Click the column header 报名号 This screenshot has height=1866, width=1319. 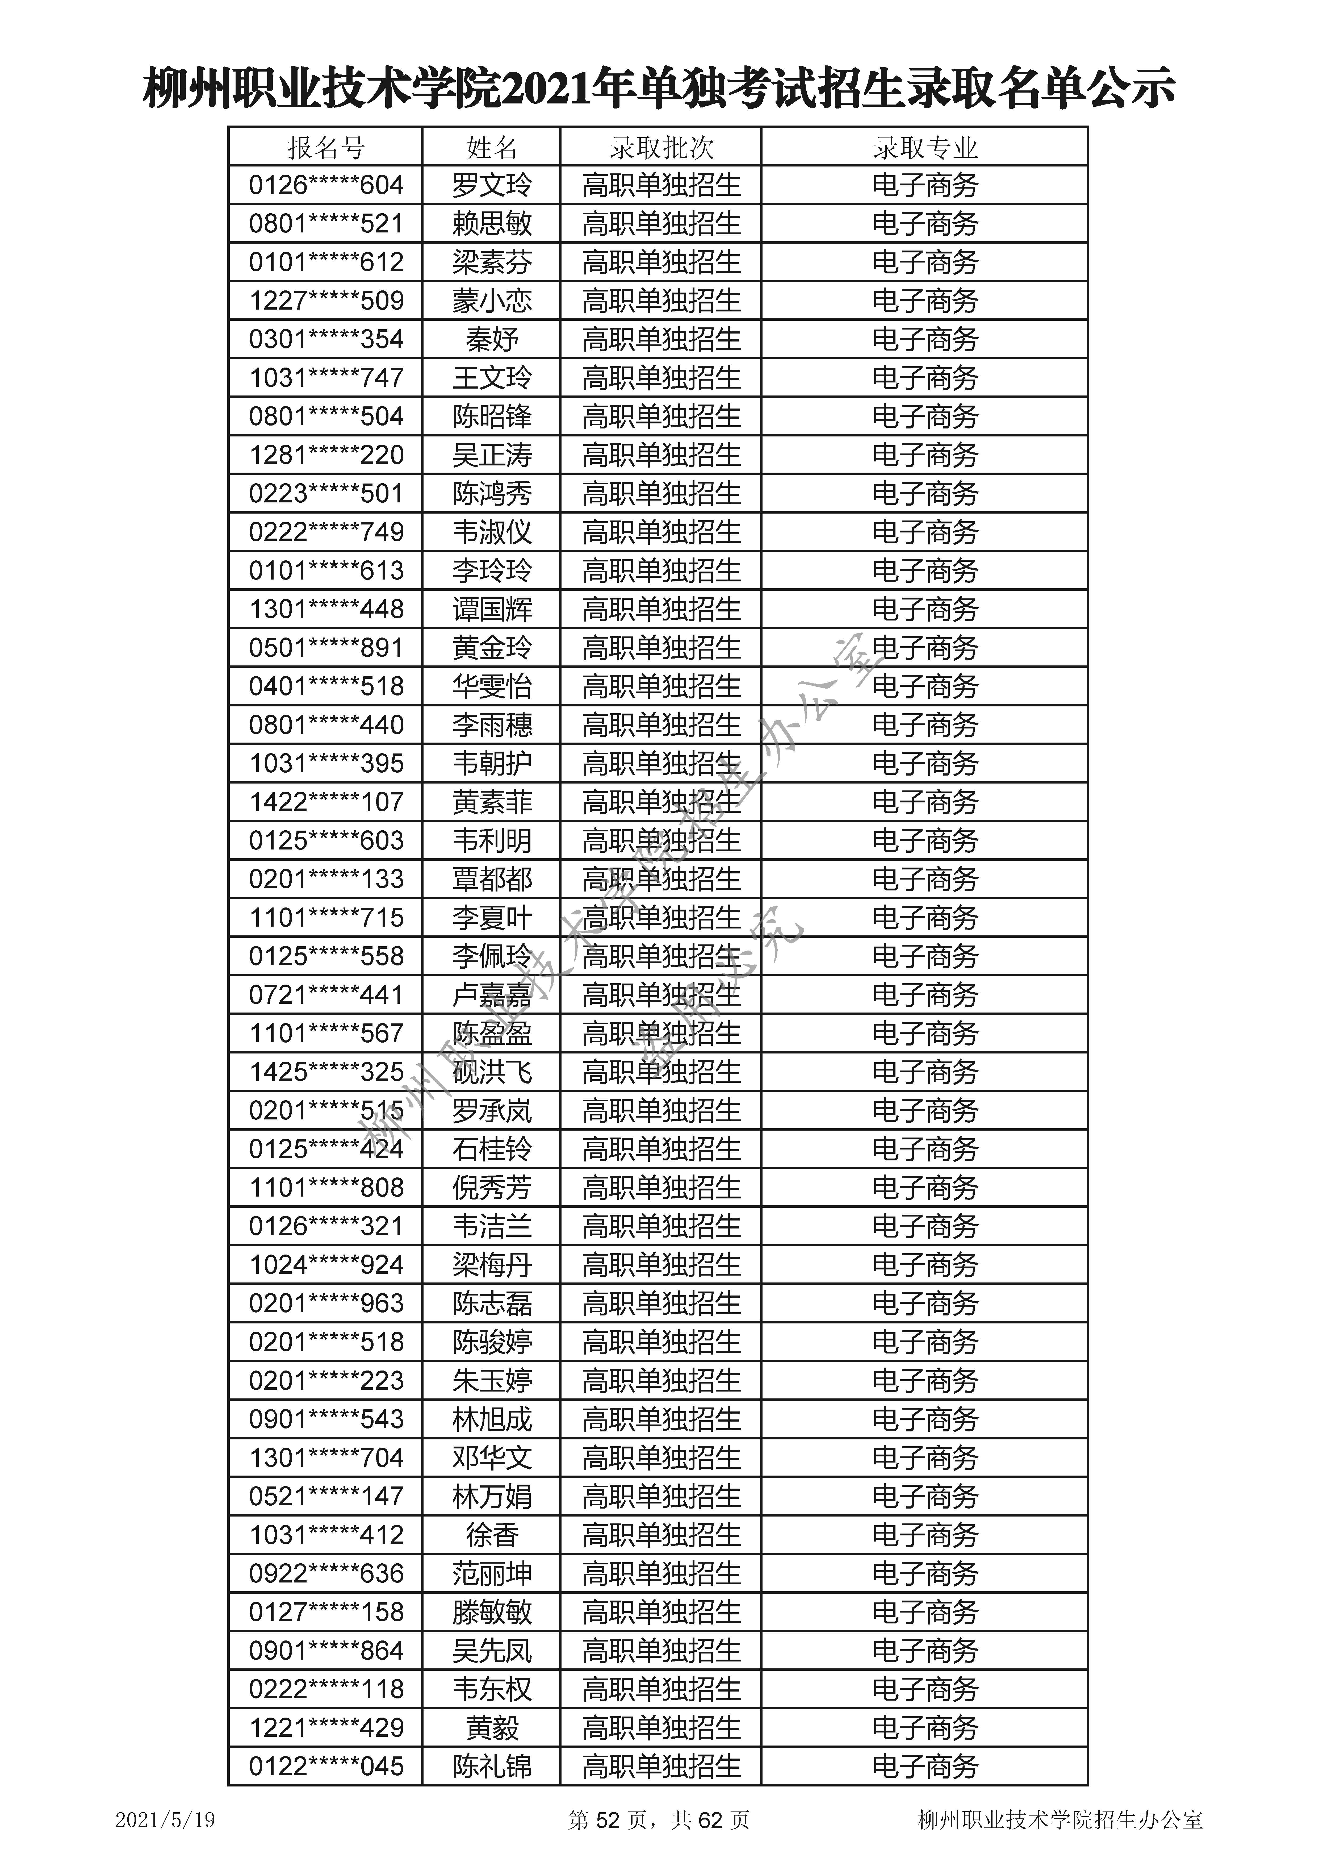point(326,148)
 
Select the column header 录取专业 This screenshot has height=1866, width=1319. point(925,148)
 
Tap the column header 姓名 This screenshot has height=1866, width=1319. point(492,148)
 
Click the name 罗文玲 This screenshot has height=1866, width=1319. point(492,185)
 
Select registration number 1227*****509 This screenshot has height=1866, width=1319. point(326,301)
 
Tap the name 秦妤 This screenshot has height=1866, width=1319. point(492,339)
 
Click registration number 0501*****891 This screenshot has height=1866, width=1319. point(326,648)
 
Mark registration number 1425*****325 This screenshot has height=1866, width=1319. point(326,1072)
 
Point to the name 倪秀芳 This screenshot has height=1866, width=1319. point(492,1187)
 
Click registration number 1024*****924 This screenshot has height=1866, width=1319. point(326,1265)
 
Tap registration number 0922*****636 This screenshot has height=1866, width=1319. point(326,1573)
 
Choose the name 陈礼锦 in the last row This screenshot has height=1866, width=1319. point(492,1766)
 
